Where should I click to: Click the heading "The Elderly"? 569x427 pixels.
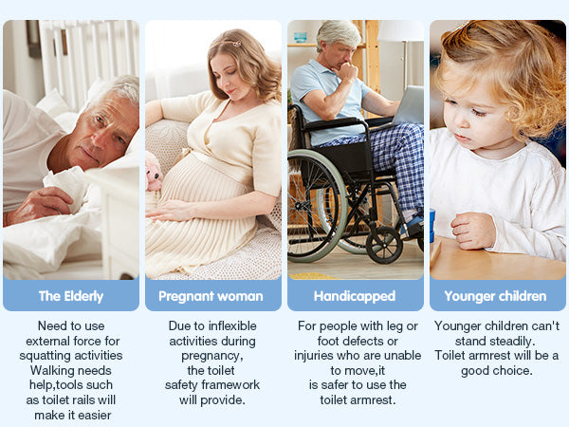point(71,296)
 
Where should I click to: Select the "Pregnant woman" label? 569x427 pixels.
point(211,296)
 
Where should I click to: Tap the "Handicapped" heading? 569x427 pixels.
point(354,296)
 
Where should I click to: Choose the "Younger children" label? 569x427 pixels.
point(496,296)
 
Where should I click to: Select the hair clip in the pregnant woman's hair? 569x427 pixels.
point(229,42)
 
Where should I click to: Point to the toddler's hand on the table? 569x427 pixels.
point(471,231)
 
